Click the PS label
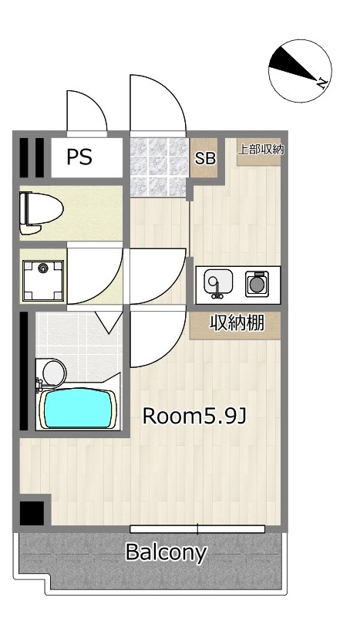[x=79, y=157]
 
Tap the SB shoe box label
[x=205, y=158]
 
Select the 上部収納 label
[x=261, y=150]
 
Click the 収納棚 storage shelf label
[x=237, y=324]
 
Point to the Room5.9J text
[x=194, y=416]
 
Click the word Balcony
[x=167, y=552]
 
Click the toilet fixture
[x=41, y=213]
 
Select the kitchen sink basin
[x=218, y=283]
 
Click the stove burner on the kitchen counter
[x=257, y=284]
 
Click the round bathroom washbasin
[x=53, y=373]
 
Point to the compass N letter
[x=322, y=83]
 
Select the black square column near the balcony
[x=32, y=513]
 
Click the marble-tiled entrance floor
[x=158, y=167]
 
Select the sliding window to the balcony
[x=197, y=529]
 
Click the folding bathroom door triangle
[x=109, y=321]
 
